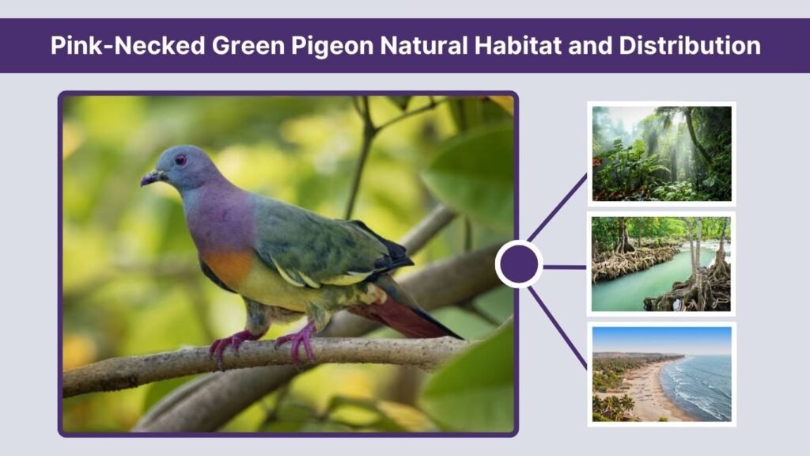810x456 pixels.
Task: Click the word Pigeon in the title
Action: point(336,45)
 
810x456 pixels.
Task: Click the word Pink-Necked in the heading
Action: point(127,45)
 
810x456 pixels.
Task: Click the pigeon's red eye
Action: point(181,160)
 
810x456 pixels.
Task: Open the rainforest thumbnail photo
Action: point(661,153)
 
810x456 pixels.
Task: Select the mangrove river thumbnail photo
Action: point(661,264)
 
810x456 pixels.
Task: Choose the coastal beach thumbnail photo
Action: point(661,374)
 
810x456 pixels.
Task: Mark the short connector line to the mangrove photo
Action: point(563,267)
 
